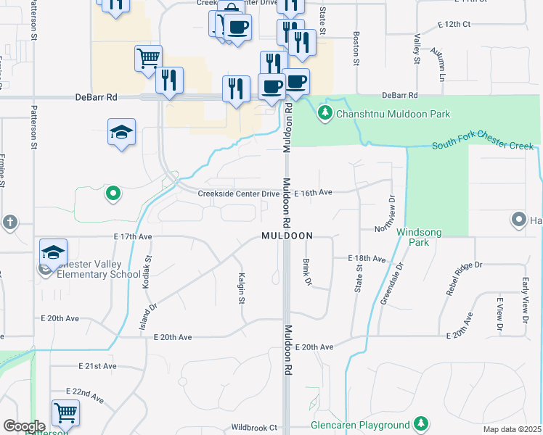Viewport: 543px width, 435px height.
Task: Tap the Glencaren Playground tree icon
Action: tap(420, 423)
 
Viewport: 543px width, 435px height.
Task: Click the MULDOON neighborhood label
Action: tap(287, 236)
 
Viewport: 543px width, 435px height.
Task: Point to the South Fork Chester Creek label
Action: tap(482, 146)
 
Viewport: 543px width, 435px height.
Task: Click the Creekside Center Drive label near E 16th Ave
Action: tap(239, 194)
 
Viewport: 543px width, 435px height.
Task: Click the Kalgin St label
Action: tap(241, 288)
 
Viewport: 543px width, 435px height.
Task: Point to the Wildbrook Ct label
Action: tap(254, 428)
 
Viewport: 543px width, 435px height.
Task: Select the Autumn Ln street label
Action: tap(438, 63)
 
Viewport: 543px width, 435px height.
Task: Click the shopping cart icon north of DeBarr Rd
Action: tap(148, 57)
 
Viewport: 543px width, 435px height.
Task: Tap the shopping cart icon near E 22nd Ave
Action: tap(65, 413)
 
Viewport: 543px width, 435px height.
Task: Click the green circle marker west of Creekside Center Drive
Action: tap(112, 193)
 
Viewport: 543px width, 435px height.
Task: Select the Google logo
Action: tap(24, 426)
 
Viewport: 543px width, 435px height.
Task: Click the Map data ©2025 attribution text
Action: tap(512, 429)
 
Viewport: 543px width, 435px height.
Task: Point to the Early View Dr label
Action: tap(525, 299)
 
